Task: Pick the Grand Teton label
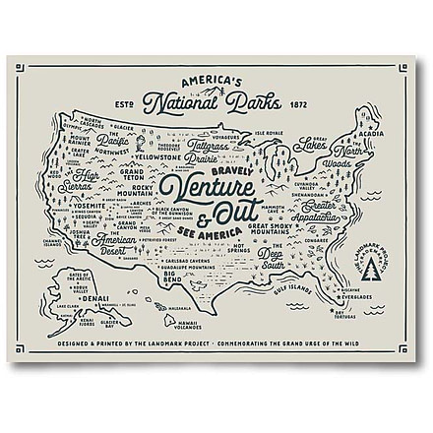133,175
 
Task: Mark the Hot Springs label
227,252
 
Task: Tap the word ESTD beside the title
124,103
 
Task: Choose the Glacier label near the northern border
124,126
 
